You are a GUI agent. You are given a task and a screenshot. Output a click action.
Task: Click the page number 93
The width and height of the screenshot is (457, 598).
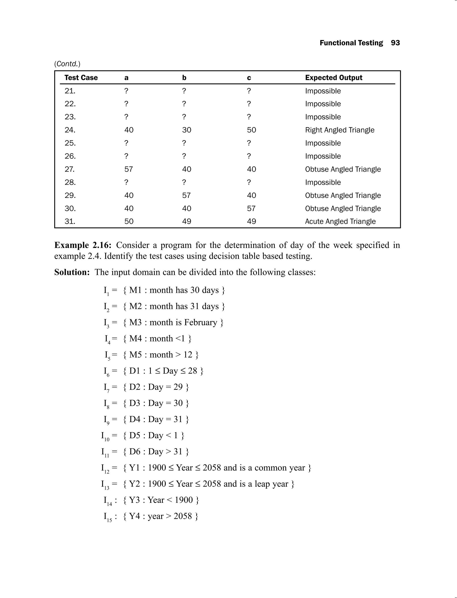coord(395,43)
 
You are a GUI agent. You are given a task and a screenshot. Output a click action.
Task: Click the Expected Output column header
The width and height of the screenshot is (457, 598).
coord(334,78)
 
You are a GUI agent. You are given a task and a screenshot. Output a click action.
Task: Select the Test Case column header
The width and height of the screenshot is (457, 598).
coord(81,78)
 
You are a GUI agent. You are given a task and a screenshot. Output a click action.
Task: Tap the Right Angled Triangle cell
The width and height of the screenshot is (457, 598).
coord(339,130)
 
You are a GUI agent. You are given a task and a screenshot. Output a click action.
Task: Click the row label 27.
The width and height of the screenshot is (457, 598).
coord(70,169)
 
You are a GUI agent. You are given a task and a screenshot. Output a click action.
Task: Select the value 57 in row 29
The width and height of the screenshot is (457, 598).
coord(186,196)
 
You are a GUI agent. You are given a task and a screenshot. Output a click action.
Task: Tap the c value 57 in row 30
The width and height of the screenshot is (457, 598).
coord(251,208)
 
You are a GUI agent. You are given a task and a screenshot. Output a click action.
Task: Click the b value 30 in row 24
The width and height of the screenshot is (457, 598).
coord(187,130)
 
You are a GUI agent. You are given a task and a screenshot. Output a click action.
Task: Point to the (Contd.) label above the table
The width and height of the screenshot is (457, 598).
coord(67,64)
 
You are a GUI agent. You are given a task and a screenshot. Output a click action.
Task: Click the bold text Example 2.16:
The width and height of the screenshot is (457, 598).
coord(83,245)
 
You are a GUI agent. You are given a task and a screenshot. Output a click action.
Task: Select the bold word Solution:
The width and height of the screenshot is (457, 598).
coord(72,272)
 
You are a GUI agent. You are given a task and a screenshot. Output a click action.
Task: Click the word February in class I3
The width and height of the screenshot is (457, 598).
coord(200,322)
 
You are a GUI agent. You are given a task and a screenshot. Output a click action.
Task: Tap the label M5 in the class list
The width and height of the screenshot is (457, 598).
coord(135,355)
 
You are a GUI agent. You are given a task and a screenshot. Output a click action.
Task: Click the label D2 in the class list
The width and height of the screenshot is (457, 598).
coord(135,387)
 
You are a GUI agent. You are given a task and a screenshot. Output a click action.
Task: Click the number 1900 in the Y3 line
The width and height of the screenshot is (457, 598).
coord(184,500)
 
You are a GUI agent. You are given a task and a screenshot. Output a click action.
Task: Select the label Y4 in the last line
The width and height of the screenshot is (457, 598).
coord(134,516)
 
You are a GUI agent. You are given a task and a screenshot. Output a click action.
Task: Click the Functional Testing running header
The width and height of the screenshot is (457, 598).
coord(351,43)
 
